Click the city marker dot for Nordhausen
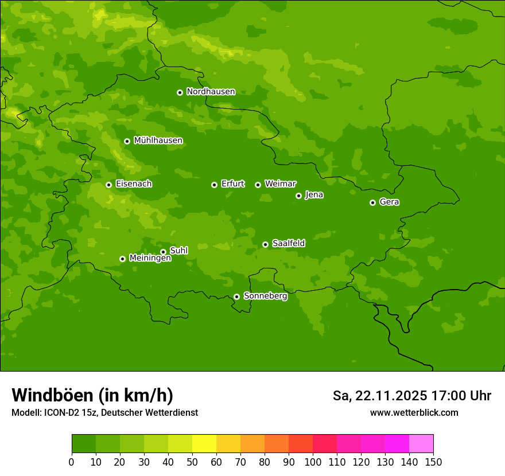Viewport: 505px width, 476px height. (x=180, y=92)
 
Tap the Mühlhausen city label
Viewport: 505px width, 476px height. (x=158, y=141)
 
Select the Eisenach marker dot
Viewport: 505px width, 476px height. (x=108, y=185)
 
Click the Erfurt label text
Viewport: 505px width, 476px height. (x=232, y=184)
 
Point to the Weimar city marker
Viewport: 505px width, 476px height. (x=258, y=185)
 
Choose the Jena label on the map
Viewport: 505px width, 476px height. (x=314, y=195)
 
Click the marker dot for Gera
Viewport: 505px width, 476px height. (x=372, y=202)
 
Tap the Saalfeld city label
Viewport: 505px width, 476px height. (x=288, y=244)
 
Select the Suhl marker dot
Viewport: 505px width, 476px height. (x=163, y=252)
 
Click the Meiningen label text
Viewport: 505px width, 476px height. (x=150, y=259)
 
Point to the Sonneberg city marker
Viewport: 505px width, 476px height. (x=236, y=296)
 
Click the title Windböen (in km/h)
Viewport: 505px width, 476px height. (x=92, y=395)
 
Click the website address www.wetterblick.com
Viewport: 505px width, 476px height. (x=414, y=412)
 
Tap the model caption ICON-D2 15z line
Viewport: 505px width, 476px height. (x=104, y=413)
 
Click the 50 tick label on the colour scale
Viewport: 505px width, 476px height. (x=192, y=462)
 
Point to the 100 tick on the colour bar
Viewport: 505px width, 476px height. (x=313, y=462)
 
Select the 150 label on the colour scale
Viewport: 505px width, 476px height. (x=433, y=462)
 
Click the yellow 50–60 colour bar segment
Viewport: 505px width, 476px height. (x=204, y=444)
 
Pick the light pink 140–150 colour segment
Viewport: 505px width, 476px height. (x=421, y=444)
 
